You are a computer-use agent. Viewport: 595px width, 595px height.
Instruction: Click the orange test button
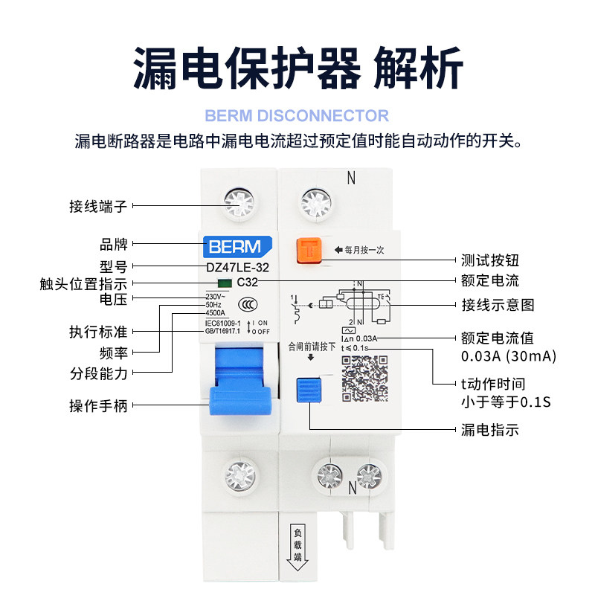point(308,250)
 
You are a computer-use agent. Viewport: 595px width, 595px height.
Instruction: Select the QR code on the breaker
point(364,379)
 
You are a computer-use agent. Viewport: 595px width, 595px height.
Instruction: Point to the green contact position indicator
point(223,283)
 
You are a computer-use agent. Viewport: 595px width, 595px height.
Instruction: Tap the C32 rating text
point(247,283)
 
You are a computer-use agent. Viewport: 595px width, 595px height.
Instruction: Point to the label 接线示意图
point(498,305)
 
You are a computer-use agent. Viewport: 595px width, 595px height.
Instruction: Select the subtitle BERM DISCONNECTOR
point(297,116)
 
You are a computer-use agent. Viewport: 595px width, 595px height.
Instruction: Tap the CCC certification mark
point(243,304)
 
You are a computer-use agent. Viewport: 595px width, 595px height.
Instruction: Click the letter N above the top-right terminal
point(352,178)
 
